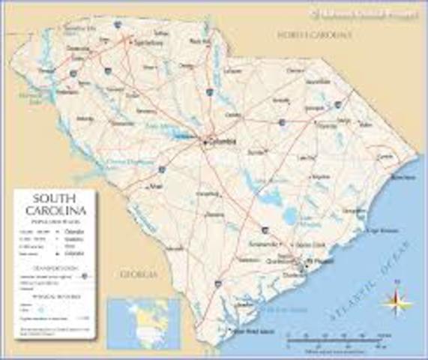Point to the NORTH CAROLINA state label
313,35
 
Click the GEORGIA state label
139,274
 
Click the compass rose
397,302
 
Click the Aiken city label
157,186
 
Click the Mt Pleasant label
321,262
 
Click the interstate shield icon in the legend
84,275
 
